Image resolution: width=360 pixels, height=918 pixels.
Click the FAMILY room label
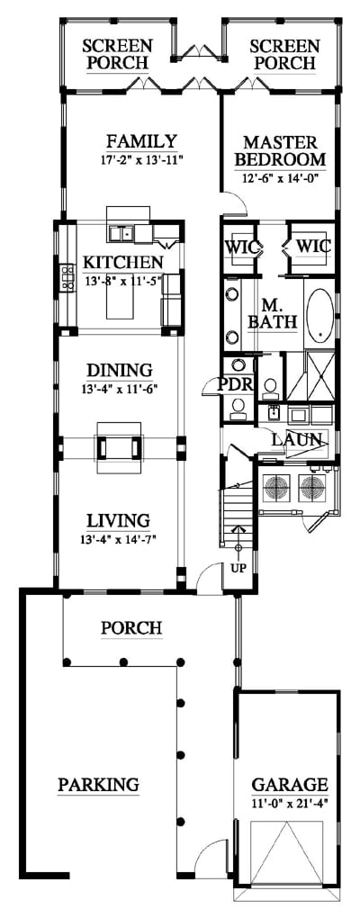tap(141, 141)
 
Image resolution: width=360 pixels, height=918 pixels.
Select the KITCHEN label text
tap(123, 262)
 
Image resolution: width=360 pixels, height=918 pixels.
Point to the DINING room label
tap(120, 371)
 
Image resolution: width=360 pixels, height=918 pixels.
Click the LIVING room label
tap(118, 520)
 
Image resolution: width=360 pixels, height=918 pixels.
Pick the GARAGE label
tap(290, 785)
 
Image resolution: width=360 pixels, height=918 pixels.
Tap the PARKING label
tap(98, 784)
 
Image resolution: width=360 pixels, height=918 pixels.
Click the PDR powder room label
tap(235, 384)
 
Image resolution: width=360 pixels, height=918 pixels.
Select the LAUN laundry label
tap(296, 439)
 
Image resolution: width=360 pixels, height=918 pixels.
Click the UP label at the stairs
tap(238, 569)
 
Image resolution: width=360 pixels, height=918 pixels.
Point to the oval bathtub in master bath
tap(320, 315)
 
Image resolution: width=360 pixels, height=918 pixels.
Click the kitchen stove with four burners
tap(67, 278)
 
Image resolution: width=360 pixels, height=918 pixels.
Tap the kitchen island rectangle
tap(123, 297)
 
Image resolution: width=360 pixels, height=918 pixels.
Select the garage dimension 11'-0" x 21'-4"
tap(290, 803)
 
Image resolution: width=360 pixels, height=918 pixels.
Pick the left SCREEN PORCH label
tap(117, 54)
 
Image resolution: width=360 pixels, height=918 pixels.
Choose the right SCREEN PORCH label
tap(285, 54)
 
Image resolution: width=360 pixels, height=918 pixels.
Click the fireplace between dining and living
tap(120, 447)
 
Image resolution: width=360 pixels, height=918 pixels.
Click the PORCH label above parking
tap(131, 628)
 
